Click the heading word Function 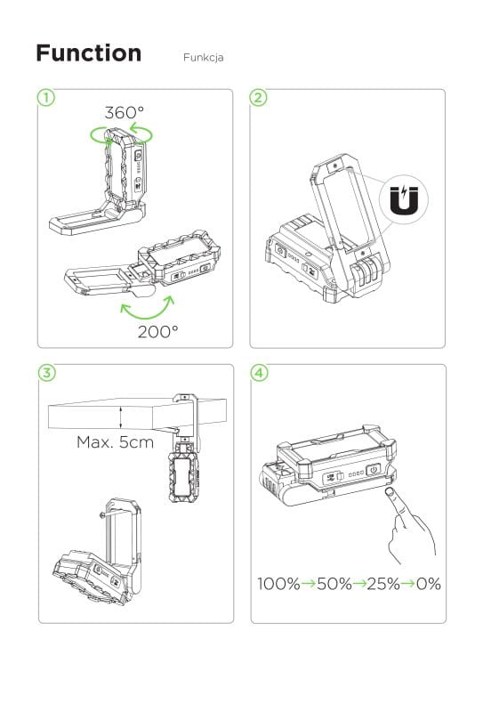point(89,53)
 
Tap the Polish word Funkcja point(203,58)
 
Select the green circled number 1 point(46,97)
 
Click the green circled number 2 point(259,97)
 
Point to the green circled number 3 point(47,373)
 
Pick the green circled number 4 point(259,373)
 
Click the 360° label point(125,112)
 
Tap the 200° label point(158,332)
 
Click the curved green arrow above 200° point(149,313)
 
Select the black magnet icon point(404,199)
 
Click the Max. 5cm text point(116,441)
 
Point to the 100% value point(278,584)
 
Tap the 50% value point(334,584)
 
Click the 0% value point(429,584)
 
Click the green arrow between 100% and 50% point(309,584)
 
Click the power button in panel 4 point(373,470)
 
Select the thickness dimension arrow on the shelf point(121,417)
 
